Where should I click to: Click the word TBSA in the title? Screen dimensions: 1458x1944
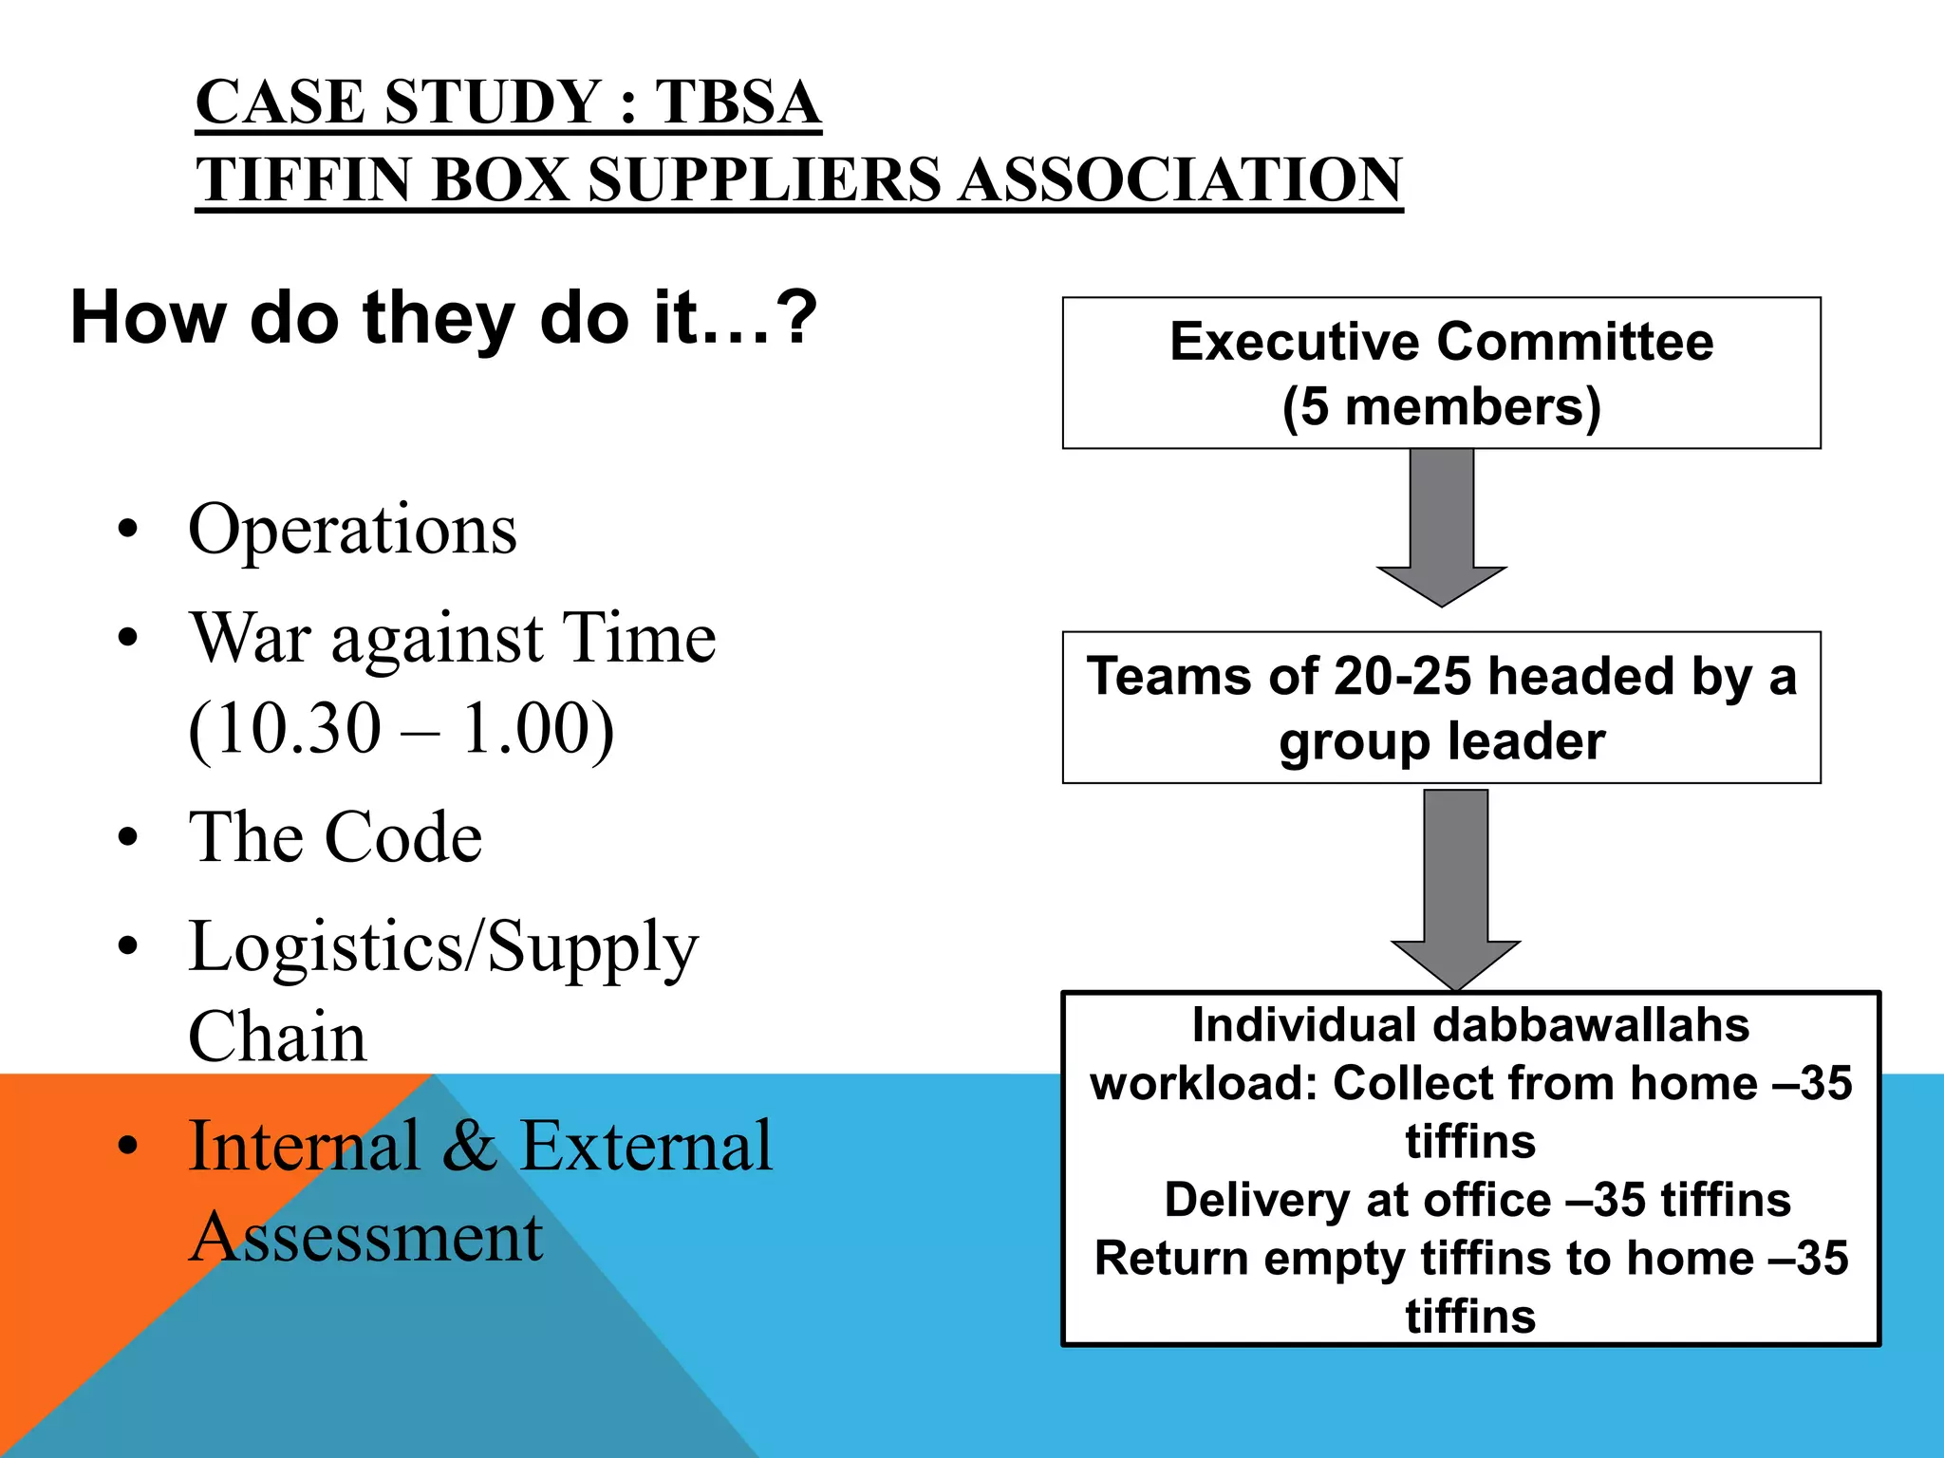[738, 103]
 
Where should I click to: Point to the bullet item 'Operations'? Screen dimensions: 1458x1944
[352, 530]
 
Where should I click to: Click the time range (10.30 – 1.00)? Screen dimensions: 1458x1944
[401, 729]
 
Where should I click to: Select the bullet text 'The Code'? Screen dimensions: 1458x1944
[335, 838]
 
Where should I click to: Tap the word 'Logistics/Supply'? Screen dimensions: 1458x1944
[443, 947]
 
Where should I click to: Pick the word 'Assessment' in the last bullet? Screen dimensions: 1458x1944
[365, 1237]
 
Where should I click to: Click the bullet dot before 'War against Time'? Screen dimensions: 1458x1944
[128, 639]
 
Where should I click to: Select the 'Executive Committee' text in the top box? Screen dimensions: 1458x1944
[1441, 342]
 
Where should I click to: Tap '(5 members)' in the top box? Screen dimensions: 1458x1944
[1441, 407]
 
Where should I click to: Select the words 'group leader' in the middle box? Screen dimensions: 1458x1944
[1441, 741]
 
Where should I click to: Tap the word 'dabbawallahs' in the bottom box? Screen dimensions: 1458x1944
[1590, 1026]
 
